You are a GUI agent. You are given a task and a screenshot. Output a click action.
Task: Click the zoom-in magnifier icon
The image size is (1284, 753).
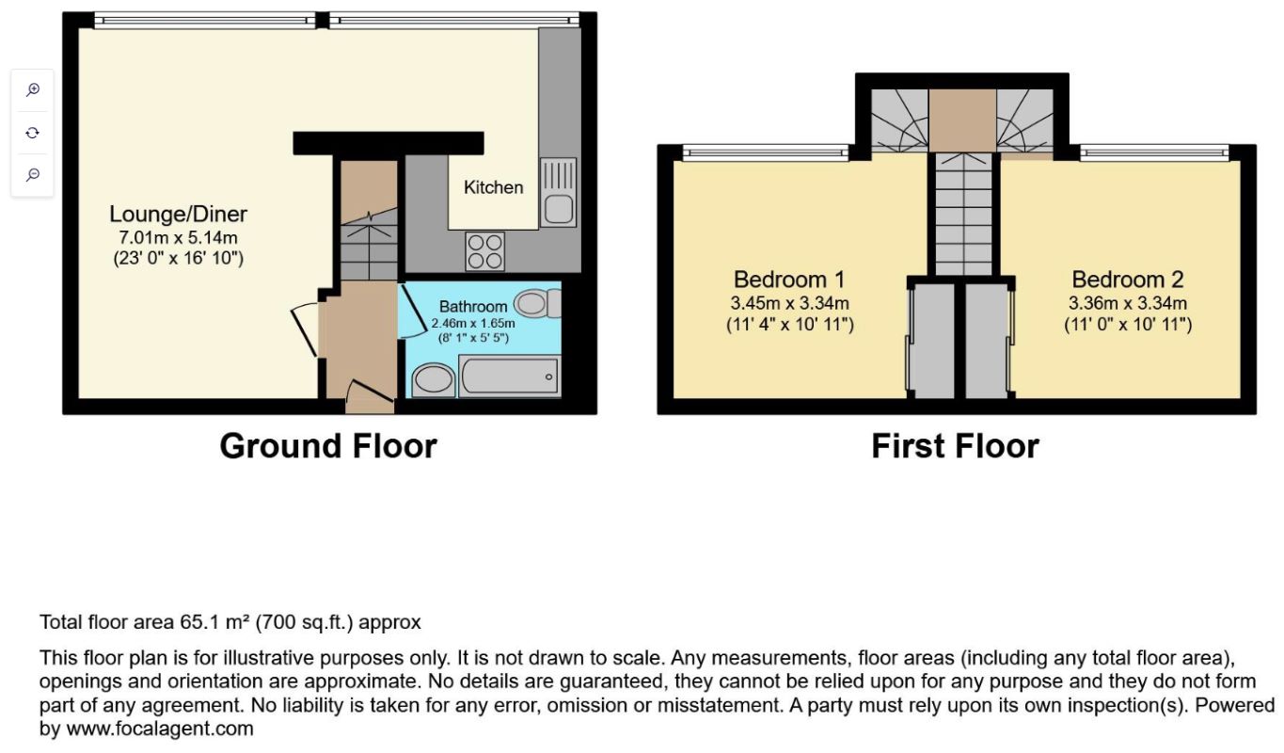(33, 89)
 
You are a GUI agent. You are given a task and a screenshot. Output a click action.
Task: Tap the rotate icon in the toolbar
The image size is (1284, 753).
(33, 133)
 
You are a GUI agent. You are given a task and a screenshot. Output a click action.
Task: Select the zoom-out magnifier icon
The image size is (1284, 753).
(33, 174)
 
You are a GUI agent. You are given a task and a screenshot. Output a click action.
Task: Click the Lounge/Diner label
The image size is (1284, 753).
(179, 214)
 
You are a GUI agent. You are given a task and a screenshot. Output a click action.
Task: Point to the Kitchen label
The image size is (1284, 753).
(494, 187)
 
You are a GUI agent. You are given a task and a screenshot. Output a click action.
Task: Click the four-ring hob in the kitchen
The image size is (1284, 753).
(485, 251)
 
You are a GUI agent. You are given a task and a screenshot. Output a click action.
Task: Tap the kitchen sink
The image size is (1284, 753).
(558, 193)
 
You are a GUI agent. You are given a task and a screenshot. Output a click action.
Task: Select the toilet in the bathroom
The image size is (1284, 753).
(538, 303)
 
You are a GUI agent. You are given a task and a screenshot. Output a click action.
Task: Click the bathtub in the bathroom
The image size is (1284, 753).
(510, 376)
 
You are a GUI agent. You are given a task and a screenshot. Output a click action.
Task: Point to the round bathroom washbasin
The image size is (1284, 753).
(433, 379)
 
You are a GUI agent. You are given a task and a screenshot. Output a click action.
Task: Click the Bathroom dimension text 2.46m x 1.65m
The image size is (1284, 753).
(473, 323)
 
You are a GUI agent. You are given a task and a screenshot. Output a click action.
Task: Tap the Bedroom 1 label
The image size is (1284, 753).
(789, 280)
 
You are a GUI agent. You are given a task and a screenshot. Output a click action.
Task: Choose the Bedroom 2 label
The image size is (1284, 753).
(1128, 280)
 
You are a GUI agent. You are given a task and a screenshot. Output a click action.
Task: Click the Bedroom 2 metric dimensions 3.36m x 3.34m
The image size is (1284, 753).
(1128, 303)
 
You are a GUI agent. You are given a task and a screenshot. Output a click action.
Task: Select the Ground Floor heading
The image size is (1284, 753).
(328, 446)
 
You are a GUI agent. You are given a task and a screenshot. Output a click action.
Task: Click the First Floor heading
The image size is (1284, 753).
(956, 446)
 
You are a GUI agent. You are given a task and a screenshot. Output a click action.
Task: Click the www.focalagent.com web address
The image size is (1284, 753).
(160, 729)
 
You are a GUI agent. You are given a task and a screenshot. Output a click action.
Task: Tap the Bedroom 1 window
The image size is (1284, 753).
(766, 152)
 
